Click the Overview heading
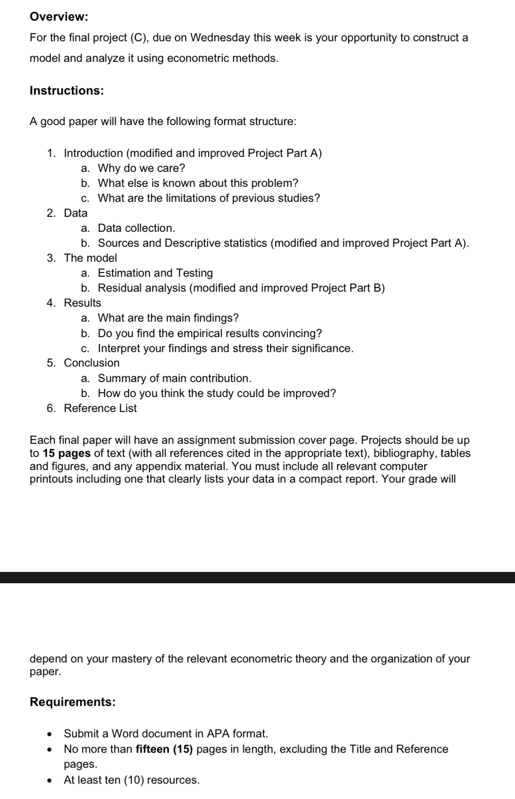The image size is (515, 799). tap(59, 17)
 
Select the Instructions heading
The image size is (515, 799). tap(67, 90)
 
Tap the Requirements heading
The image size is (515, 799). tap(72, 702)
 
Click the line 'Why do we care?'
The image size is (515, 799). tap(141, 168)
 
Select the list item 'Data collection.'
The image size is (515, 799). tap(136, 228)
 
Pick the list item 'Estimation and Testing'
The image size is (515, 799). tap(155, 273)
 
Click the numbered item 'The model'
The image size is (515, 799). tap(90, 258)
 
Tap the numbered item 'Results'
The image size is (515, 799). tap(82, 303)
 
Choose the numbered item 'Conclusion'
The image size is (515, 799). tap(91, 363)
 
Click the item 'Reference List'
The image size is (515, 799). tap(100, 408)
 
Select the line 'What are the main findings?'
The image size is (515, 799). tap(168, 318)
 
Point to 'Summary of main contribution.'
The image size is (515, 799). tap(174, 378)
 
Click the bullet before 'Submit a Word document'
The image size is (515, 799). tap(49, 733)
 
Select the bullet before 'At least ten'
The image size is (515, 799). tap(49, 780)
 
